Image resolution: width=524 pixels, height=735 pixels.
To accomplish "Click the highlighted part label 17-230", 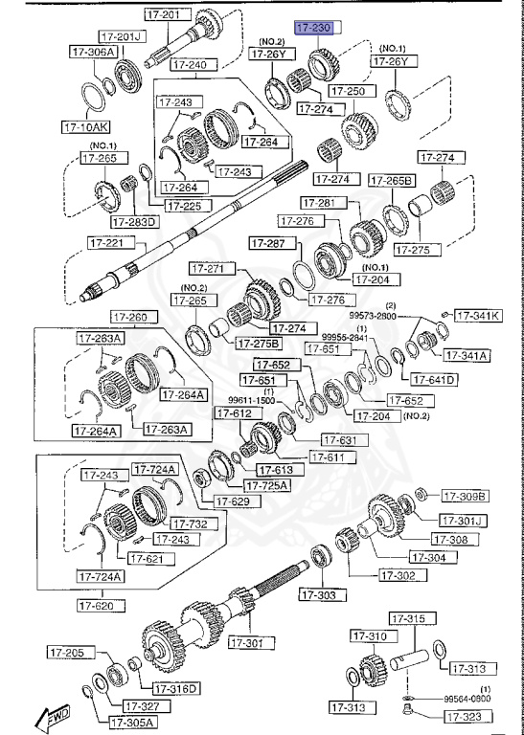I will (x=313, y=29).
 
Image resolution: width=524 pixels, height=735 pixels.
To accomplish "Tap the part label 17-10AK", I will (x=85, y=125).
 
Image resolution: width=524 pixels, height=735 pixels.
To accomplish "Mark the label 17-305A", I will (x=132, y=722).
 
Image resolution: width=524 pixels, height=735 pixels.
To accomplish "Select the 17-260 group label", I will (x=131, y=317).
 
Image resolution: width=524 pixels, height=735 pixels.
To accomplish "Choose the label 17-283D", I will (x=134, y=222).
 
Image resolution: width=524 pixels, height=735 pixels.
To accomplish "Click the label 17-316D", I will (x=177, y=688).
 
